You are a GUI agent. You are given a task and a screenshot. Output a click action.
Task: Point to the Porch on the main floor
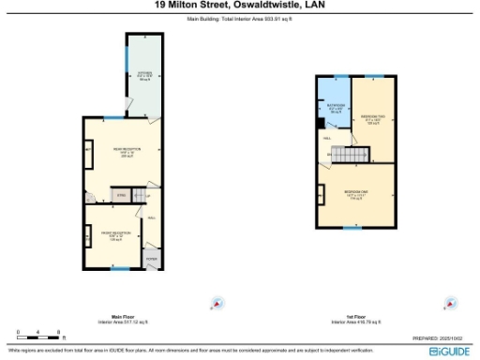(x=152, y=258)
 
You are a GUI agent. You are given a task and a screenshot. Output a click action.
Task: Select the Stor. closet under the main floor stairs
(x=120, y=195)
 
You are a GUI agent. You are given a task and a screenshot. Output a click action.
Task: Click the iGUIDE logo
(x=449, y=351)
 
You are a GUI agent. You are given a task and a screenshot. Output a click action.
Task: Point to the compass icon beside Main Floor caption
(x=217, y=302)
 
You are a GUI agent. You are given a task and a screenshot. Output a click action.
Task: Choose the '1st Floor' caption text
(x=355, y=316)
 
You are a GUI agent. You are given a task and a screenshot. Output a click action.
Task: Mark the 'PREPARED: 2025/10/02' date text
(x=439, y=338)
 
